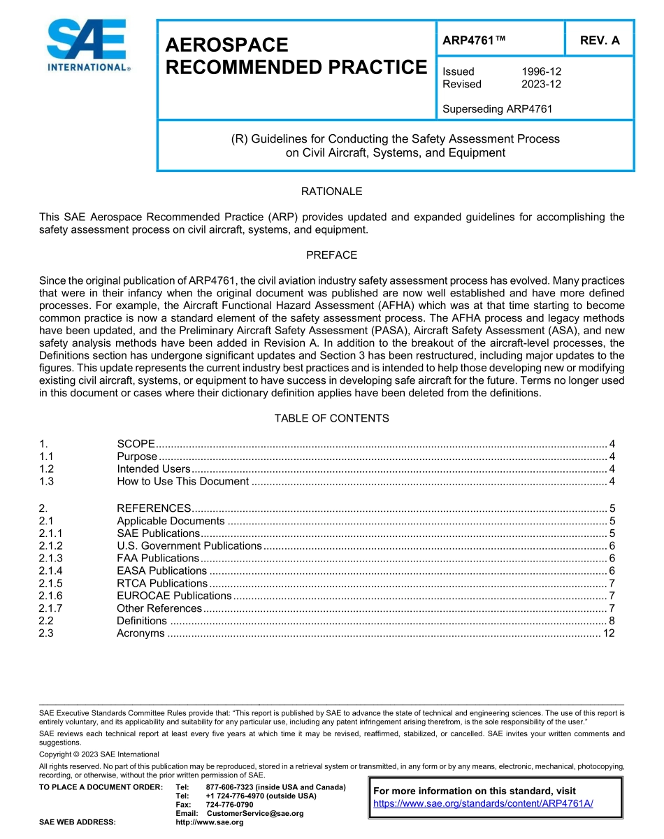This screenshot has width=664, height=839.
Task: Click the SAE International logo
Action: coord(87,45)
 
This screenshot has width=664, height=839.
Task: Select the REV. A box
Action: coord(599,41)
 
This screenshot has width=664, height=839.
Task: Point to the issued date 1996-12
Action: coord(541,71)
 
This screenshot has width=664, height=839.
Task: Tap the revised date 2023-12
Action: coord(541,85)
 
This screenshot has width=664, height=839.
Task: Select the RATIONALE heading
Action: coord(331,192)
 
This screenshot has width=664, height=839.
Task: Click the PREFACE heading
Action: coord(331,255)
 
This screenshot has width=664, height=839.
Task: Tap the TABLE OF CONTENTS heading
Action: coord(331,419)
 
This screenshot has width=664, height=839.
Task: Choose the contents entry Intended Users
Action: coord(153,469)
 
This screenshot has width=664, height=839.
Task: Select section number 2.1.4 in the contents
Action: coord(51,571)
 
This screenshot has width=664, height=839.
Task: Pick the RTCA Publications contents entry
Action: coord(162,584)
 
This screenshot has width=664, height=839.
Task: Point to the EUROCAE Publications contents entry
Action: coord(174,596)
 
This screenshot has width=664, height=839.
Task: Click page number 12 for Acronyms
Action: coord(608,633)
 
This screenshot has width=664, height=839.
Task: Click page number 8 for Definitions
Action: coord(612,621)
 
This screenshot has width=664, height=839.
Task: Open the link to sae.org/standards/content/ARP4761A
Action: coord(483,803)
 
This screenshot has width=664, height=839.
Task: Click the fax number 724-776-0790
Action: coord(229,805)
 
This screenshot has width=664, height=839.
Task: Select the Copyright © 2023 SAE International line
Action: coord(99,754)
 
